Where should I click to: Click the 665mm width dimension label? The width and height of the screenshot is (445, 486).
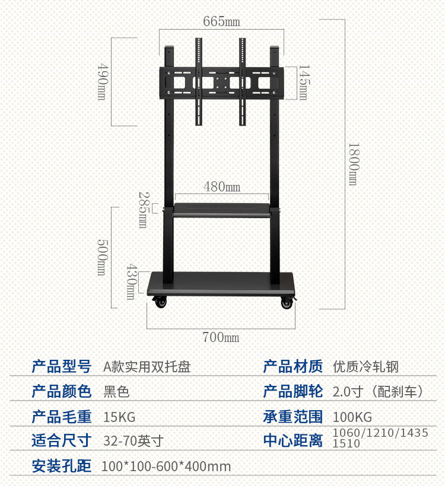tap(221, 22)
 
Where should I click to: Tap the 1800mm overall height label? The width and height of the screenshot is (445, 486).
tap(353, 164)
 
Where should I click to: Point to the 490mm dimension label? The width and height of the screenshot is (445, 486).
tap(101, 81)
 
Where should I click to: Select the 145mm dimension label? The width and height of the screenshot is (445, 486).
tap(303, 82)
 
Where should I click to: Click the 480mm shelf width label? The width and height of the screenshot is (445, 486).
tap(222, 187)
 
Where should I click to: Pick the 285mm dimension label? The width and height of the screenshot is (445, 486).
tap(143, 210)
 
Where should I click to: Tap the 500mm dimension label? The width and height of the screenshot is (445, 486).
tap(101, 257)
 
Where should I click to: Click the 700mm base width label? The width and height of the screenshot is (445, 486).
tap(221, 337)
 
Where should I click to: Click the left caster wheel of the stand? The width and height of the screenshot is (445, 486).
tap(160, 302)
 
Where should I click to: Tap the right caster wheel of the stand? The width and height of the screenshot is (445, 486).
tap(287, 302)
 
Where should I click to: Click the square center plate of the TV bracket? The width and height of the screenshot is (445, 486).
tap(221, 82)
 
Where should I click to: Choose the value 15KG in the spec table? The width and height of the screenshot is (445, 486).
tap(119, 417)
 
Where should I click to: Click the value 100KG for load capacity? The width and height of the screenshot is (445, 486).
tap(352, 417)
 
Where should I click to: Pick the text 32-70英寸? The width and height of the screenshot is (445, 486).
tap(133, 441)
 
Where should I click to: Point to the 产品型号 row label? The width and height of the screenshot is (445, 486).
tap(61, 367)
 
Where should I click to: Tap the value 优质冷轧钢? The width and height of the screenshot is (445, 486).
tap(365, 367)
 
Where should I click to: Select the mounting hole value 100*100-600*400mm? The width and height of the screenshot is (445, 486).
tap(166, 466)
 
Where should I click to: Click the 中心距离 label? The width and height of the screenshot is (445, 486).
tap(293, 441)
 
